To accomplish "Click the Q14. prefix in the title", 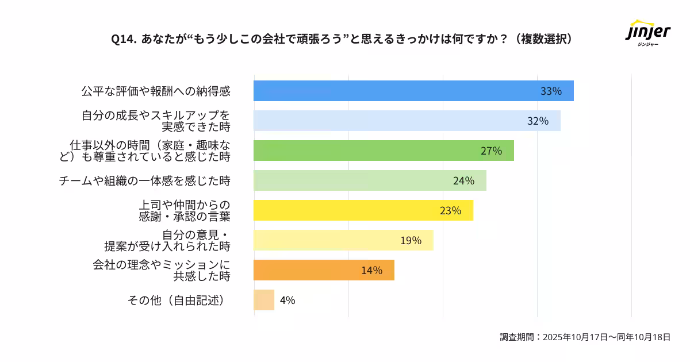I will (x=123, y=39).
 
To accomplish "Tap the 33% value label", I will (x=550, y=91).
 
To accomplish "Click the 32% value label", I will (x=538, y=121).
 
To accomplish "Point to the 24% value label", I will (x=463, y=180).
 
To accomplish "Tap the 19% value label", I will (x=411, y=240).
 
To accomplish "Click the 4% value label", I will (x=287, y=300).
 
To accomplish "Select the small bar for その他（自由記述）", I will (x=264, y=300).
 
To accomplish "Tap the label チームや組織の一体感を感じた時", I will (x=144, y=181).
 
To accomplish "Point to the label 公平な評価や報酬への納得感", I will (x=155, y=91).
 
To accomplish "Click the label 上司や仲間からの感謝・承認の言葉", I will (x=184, y=210).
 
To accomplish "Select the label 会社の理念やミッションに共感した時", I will (x=162, y=270).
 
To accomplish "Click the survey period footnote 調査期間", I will (x=585, y=337).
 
